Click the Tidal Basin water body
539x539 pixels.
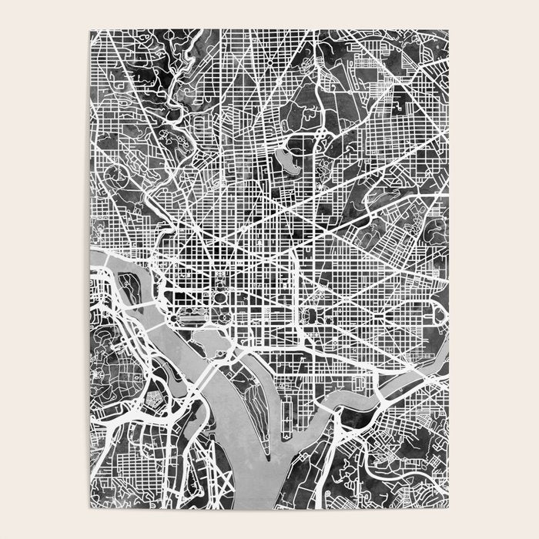click(206, 338)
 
